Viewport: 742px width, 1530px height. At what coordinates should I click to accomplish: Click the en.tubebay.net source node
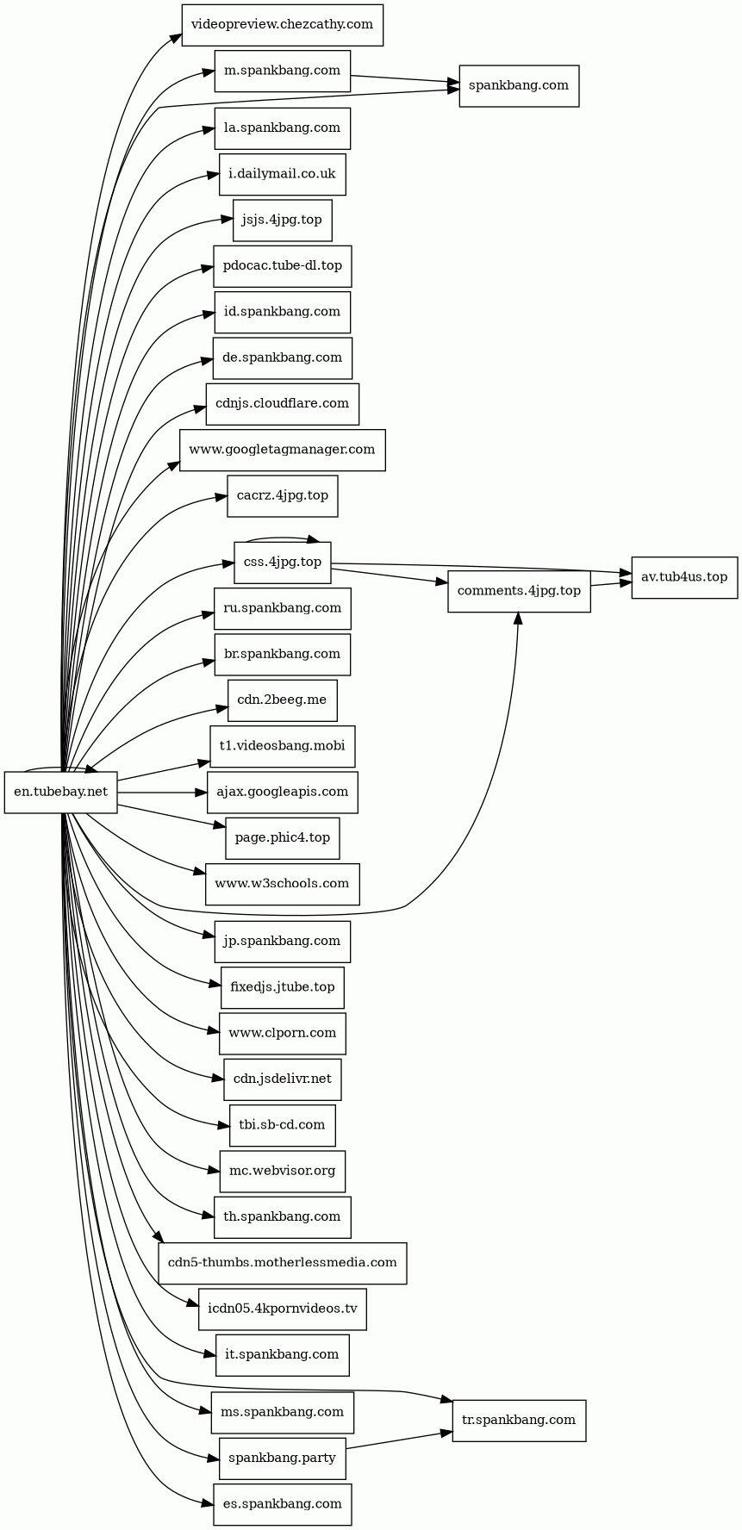coord(61,792)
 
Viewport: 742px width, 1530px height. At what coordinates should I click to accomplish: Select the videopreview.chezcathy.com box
coord(282,25)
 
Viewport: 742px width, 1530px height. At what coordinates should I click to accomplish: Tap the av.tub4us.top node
coord(684,577)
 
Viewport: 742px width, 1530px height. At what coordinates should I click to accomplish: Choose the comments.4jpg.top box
coord(519,592)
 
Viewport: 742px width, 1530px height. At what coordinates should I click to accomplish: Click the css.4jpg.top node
coord(283,563)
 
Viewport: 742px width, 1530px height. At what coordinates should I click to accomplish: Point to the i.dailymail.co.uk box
coord(283,175)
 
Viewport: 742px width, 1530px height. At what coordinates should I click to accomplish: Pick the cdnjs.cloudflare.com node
coord(283,404)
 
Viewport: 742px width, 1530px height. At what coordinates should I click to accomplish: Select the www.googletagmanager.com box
coord(283,450)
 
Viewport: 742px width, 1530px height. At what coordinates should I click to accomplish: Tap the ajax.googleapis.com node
coord(283,793)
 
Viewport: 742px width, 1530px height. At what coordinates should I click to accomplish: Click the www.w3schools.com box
coord(283,884)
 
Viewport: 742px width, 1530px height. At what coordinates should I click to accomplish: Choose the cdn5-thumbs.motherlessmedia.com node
coord(283,1264)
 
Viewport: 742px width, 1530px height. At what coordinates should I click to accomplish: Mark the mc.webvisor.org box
coord(283,1172)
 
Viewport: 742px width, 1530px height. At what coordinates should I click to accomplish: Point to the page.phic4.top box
coord(283,838)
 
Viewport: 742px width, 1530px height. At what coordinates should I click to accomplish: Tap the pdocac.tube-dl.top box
coord(283,266)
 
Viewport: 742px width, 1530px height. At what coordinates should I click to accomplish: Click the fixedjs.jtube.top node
coord(283,988)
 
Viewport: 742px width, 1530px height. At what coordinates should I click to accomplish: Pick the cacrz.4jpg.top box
coord(283,496)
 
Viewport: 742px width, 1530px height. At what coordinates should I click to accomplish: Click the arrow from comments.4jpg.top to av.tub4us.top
coord(611,585)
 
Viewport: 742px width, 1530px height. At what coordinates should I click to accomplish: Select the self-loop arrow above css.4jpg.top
coord(283,538)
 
